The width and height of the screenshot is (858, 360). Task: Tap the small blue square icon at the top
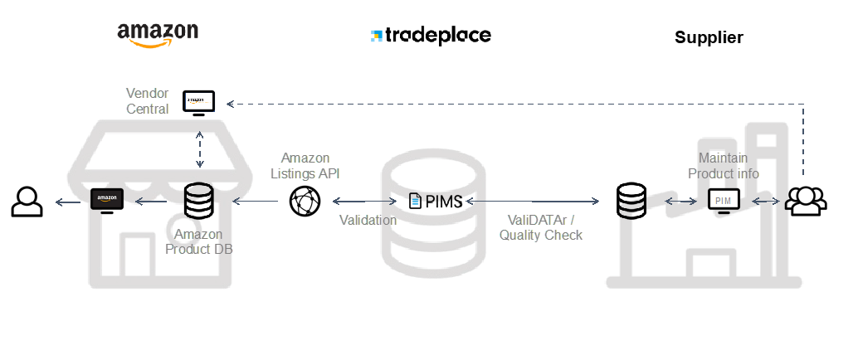(x=377, y=36)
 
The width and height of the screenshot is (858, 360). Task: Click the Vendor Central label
(x=148, y=100)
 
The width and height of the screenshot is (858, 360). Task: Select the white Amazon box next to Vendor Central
(x=199, y=101)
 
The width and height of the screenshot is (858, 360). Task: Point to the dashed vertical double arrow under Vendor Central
(x=199, y=149)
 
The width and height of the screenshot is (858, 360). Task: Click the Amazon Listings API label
(x=305, y=166)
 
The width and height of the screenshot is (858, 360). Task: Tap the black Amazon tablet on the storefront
(x=106, y=198)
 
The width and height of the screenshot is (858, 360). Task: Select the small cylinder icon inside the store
(x=197, y=197)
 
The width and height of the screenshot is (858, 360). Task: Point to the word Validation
(x=368, y=221)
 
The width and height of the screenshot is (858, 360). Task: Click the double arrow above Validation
(x=364, y=201)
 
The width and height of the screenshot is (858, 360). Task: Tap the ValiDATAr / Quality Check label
(x=541, y=227)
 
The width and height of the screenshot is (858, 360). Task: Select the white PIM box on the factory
(x=723, y=199)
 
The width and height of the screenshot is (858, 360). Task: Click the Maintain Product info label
(x=724, y=166)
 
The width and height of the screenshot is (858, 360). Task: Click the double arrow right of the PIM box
(x=765, y=201)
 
